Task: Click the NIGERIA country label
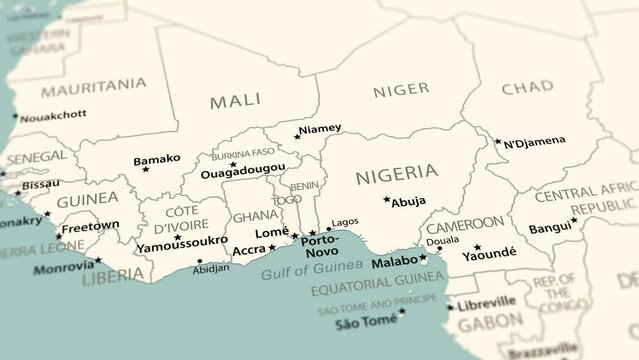396,172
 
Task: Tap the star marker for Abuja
387,199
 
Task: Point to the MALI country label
235,100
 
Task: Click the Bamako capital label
157,158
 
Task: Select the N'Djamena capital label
536,142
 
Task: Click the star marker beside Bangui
574,220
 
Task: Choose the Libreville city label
487,301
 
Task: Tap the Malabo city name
393,264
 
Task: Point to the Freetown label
92,225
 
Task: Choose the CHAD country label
526,88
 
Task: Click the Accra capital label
250,250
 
